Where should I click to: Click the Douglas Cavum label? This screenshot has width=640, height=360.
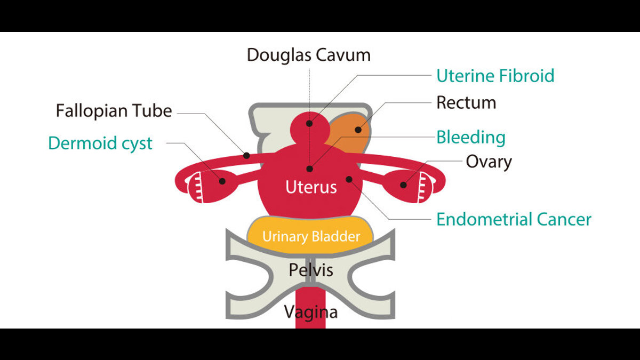(309, 55)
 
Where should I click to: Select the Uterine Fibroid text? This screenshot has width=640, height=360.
(495, 76)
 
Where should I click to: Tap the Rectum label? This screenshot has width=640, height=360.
(466, 102)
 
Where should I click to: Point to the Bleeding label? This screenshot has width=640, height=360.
(471, 138)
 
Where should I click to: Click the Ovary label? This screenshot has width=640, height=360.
(489, 162)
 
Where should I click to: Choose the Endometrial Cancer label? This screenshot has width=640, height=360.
(514, 219)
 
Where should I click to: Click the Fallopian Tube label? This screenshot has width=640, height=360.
(114, 111)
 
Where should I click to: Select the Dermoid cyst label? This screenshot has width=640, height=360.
(100, 143)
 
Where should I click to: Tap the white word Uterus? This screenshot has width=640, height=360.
(311, 187)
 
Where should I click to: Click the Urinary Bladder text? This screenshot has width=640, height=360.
(311, 237)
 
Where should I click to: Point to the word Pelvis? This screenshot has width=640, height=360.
(311, 270)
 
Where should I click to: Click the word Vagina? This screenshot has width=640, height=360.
(311, 312)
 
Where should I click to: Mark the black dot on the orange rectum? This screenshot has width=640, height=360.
(358, 130)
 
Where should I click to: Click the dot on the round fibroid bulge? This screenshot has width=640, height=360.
(309, 123)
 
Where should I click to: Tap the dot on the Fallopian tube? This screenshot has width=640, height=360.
(246, 156)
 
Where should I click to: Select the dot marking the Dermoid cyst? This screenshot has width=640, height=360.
(222, 181)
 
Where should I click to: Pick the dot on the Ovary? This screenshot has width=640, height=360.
(403, 185)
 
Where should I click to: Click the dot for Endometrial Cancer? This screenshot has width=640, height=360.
(349, 179)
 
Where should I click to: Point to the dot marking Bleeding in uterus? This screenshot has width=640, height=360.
(309, 169)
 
